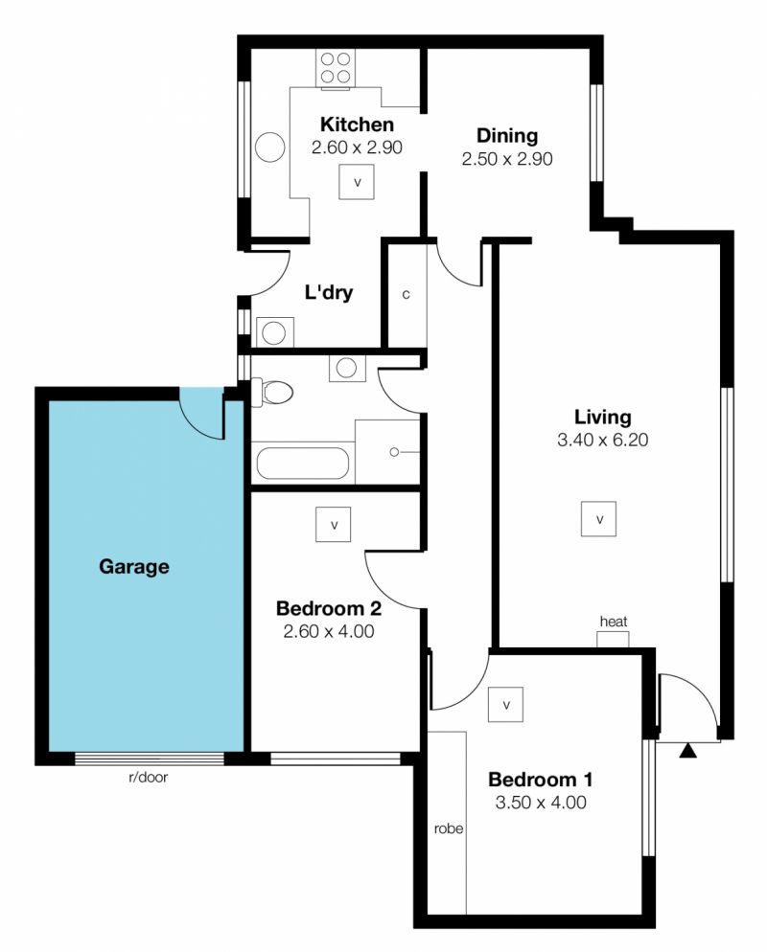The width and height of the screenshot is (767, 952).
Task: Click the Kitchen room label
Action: tap(357, 125)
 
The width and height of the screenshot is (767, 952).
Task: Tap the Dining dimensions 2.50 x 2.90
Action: tap(507, 159)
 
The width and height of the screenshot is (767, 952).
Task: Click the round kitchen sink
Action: tap(269, 147)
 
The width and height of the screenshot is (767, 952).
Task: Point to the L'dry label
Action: tap(328, 292)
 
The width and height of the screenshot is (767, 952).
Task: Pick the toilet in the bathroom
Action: tap(272, 392)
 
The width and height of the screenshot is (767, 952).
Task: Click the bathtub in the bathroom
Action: tap(303, 464)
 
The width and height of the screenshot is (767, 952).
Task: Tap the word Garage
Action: tap(133, 566)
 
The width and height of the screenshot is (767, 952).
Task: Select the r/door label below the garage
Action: tap(149, 777)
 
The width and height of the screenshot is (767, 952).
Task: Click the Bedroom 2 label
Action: tap(328, 608)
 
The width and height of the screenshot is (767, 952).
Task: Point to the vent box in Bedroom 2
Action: tap(333, 524)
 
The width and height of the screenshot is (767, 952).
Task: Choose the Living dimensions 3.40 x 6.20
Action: tap(602, 440)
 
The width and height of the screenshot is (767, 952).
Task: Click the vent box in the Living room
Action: tap(598, 519)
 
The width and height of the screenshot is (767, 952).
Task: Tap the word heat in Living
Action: tap(614, 622)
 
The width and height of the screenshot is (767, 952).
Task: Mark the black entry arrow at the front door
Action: tap(687, 751)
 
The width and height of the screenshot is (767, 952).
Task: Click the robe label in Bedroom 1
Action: tap(449, 828)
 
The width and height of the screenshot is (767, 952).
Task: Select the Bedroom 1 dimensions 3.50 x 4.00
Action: tap(541, 803)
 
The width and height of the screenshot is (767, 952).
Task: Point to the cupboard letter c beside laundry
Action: tap(406, 294)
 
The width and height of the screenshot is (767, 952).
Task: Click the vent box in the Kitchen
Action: tap(357, 182)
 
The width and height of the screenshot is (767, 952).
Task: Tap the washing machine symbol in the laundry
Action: tap(275, 332)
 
